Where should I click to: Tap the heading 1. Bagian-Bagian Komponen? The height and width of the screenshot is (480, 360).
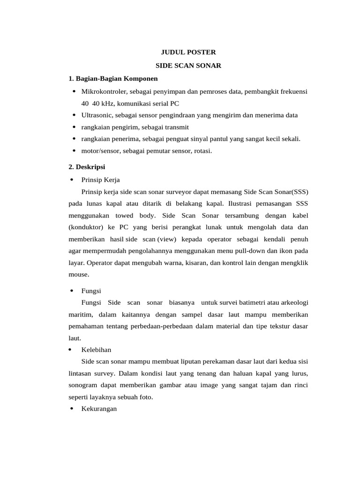pos(113,78)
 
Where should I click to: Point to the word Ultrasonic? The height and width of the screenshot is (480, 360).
pos(95,115)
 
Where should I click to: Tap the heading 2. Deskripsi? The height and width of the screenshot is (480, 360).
pos(87,166)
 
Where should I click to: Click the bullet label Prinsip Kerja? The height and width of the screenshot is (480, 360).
pos(100,179)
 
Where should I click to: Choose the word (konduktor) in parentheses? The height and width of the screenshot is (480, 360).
pos(86,227)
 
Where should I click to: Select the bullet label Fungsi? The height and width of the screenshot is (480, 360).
pos(91,291)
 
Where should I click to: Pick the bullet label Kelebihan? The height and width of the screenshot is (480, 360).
pos(96,350)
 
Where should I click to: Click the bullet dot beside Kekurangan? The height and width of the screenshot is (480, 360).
pos(71,409)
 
